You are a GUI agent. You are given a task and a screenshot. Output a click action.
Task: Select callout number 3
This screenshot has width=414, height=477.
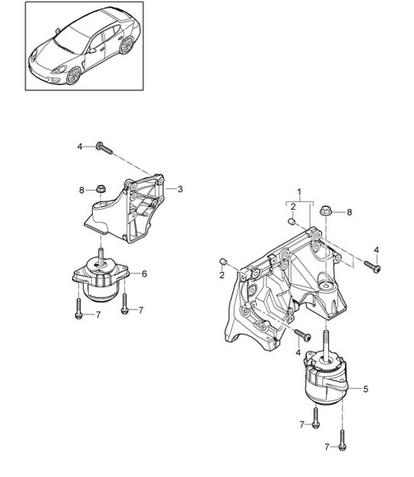coord(180,188)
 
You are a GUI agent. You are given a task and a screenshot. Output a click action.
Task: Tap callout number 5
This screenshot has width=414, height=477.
coord(365,390)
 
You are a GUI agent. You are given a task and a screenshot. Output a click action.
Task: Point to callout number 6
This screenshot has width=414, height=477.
coord(144,274)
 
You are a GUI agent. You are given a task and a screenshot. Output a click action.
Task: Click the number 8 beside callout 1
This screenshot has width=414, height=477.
coord(349,213)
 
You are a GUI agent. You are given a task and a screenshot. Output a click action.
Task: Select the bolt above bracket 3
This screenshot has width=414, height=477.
coord(104,147)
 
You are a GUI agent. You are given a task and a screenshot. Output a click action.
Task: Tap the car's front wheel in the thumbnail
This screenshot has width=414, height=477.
coord(74,75)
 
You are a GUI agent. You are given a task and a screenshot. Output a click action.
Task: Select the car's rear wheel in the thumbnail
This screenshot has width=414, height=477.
coord(127,45)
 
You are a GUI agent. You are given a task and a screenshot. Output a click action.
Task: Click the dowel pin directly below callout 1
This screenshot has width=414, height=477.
coord(291,222)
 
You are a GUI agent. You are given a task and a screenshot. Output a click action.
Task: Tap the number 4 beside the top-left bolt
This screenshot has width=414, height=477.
coord(80,146)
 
